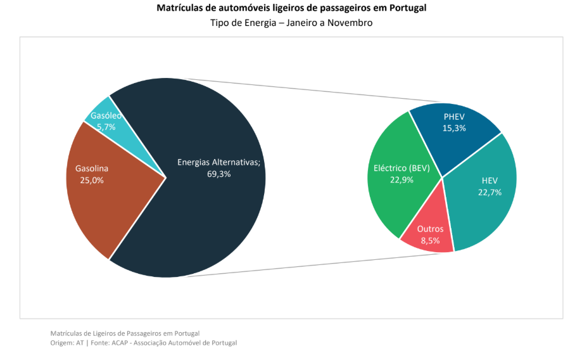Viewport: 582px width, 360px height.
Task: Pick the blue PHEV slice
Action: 456,136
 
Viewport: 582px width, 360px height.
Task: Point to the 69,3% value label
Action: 218,174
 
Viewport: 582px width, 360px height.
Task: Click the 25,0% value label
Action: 92,180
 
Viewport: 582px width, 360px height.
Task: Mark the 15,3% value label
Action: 455,128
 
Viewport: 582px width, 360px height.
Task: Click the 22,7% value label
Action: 490,192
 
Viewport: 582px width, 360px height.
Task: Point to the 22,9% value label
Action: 402,179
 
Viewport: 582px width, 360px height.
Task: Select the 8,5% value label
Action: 431,240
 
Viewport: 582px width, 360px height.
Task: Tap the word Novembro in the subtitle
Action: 351,23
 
